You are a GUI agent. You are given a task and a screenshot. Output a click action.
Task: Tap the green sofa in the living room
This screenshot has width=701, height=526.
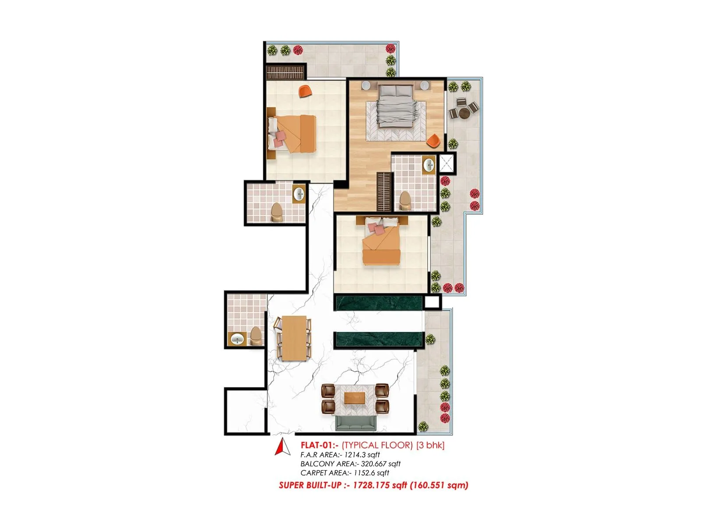(355, 423)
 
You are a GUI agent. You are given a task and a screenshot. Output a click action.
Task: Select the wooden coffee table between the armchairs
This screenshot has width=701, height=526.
(355, 398)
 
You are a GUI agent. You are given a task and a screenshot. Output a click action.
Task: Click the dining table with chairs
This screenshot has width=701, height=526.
(294, 338)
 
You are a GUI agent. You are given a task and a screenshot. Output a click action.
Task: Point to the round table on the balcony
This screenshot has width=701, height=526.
(464, 113)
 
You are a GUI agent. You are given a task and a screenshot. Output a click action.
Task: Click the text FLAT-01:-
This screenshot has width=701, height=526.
(319, 445)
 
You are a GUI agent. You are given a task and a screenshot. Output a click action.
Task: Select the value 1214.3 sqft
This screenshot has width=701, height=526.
(362, 455)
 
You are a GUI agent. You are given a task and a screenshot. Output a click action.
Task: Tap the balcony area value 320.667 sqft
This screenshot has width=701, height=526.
(380, 464)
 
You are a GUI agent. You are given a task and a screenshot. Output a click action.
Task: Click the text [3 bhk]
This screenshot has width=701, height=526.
(430, 445)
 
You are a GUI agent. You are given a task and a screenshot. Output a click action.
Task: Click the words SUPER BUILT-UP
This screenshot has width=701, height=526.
(310, 485)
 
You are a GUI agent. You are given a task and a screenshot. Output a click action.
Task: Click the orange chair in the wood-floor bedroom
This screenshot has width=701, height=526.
(433, 141)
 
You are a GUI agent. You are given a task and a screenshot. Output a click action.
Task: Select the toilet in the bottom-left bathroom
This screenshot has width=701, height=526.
(255, 336)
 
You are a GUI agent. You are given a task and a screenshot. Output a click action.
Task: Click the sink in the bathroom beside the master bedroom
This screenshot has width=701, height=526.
(428, 165)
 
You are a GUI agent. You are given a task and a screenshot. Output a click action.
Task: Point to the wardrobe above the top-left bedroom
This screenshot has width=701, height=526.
(285, 72)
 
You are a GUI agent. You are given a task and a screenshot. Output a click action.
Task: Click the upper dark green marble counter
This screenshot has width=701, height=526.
(378, 303)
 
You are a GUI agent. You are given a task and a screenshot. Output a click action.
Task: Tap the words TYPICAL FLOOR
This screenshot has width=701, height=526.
(377, 445)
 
